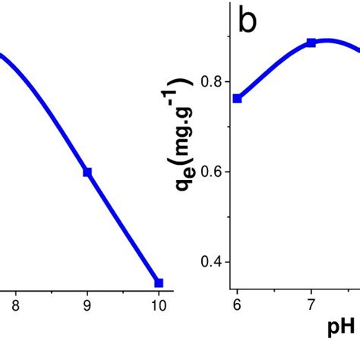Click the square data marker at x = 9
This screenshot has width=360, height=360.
coord(87,172)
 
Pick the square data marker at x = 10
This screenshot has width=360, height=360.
coord(159,283)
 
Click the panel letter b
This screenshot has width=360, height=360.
coord(248,21)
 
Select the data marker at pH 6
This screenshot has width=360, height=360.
coord(237,98)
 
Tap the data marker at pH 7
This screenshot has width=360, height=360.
coord(311,43)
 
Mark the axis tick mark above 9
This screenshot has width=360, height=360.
coord(87,292)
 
